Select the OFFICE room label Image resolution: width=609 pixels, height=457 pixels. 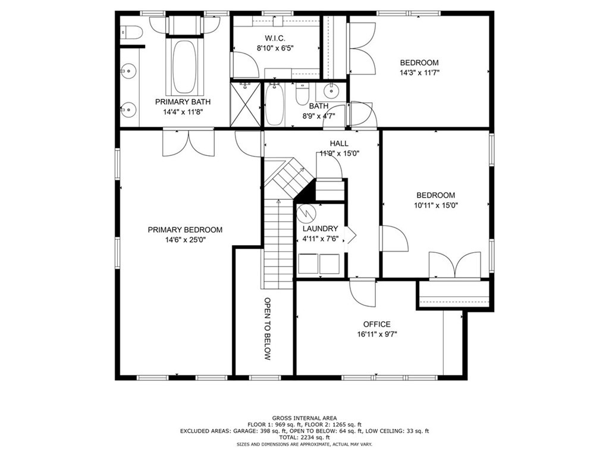tap(377, 324)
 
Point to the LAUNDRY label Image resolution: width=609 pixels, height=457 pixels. tap(320, 228)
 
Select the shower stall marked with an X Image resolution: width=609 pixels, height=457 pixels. tap(246, 104)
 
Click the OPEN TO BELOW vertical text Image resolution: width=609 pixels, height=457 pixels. tap(268, 329)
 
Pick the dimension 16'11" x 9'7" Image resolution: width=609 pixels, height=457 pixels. tap(377, 334)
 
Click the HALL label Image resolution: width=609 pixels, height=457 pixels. tap(339, 143)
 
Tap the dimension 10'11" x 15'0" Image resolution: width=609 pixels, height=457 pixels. tap(435, 205)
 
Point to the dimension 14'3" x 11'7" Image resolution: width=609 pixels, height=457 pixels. tap(419, 73)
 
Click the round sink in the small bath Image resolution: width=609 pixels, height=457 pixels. tap(329, 92)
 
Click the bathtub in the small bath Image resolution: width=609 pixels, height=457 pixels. tap(274, 104)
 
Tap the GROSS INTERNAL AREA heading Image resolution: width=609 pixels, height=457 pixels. tap(304, 418)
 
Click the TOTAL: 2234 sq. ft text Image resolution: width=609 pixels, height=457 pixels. tap(304, 438)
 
